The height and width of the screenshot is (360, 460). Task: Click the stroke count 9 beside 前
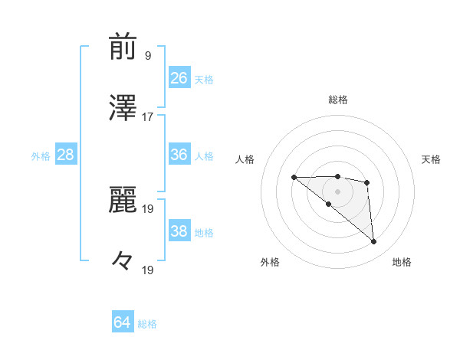(147, 55)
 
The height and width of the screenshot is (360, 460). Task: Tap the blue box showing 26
(179, 78)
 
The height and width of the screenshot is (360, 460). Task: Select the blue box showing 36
(179, 155)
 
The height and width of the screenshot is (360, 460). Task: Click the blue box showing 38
(179, 231)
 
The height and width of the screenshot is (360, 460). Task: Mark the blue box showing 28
(66, 155)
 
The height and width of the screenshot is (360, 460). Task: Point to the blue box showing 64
(123, 322)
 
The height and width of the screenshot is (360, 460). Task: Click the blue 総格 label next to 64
(147, 324)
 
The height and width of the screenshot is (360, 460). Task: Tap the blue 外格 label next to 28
(41, 156)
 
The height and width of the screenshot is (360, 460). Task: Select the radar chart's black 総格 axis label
(338, 100)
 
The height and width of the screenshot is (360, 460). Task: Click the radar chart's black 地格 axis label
(402, 263)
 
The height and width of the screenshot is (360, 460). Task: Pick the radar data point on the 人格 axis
(294, 178)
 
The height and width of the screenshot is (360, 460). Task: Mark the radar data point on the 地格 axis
(374, 242)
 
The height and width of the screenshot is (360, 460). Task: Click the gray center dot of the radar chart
(338, 191)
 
